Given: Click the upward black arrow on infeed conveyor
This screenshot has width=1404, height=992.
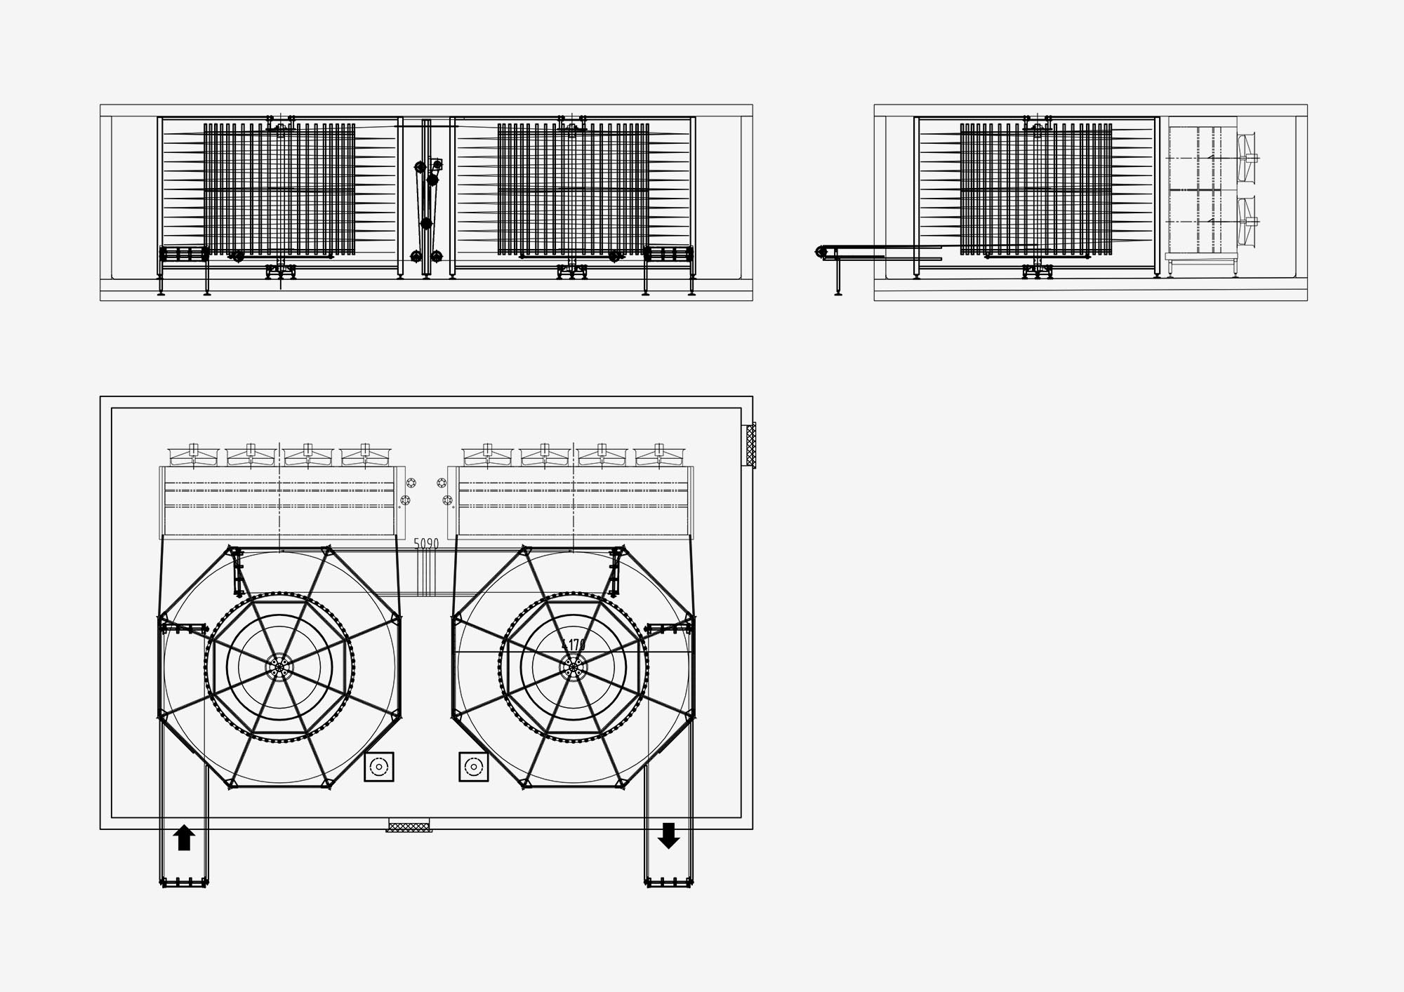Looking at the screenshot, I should (x=184, y=838).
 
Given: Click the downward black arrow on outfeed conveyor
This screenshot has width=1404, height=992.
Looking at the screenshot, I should (x=668, y=836).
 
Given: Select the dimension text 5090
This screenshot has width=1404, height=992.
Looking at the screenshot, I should (x=426, y=544).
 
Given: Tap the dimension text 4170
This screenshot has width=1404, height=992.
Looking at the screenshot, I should (x=574, y=644).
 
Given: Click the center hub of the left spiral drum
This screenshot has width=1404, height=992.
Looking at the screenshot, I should (x=280, y=667).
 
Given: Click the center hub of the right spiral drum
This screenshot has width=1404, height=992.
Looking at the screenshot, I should (x=574, y=667).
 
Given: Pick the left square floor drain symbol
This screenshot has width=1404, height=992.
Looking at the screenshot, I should (x=379, y=767).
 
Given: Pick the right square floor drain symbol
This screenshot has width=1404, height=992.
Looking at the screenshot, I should (x=474, y=767).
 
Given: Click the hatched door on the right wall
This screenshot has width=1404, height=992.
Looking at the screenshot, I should (x=751, y=445).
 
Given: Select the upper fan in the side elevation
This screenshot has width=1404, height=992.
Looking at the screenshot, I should (x=1247, y=158).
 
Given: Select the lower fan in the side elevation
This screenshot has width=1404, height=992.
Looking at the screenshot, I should (x=1247, y=222).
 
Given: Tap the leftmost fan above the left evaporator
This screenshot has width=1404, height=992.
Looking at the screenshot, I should (x=194, y=455).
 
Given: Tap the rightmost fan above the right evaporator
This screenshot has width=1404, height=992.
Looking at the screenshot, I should (x=658, y=455).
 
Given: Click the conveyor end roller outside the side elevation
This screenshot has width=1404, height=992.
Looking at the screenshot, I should (x=821, y=251).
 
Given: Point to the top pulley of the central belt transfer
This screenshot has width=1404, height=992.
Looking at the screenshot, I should (x=420, y=167).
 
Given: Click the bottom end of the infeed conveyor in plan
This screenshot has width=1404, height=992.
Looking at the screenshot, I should (x=184, y=882).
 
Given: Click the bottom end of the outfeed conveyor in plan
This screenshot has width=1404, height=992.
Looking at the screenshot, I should (x=668, y=882).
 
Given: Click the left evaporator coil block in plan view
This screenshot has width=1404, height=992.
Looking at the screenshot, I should (x=279, y=502).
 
